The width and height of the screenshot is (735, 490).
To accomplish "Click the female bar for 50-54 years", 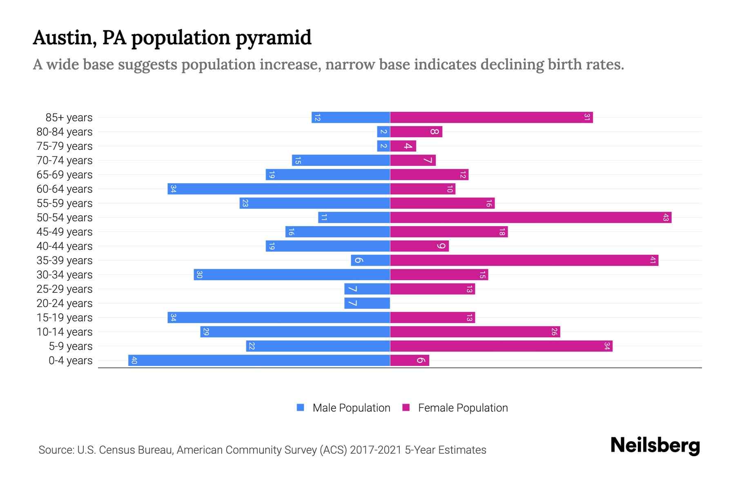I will tap(531, 218).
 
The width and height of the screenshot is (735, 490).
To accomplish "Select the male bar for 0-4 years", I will tap(259, 361).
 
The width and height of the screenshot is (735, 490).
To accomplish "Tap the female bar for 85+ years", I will tap(491, 118).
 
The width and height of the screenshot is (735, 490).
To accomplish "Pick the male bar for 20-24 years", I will tap(367, 303).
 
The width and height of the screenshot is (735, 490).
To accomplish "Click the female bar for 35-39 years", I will tap(524, 261).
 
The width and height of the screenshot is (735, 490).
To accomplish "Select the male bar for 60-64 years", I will tap(279, 189).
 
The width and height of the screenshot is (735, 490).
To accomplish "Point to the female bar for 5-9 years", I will tap(501, 346).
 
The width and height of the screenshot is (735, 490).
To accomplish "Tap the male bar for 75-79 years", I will tap(383, 146).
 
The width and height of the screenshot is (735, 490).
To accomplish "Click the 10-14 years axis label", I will tap(65, 332).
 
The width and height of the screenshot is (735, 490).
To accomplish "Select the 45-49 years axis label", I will tap(65, 232).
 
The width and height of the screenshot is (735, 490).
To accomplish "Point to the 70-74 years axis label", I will tap(65, 160).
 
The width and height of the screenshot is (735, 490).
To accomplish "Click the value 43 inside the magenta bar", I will tap(666, 218).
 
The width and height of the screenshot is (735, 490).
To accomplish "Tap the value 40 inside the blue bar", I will tap(134, 361).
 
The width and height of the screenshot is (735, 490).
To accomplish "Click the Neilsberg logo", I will tap(655, 445).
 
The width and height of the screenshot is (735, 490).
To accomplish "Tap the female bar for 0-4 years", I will tap(410, 361).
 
